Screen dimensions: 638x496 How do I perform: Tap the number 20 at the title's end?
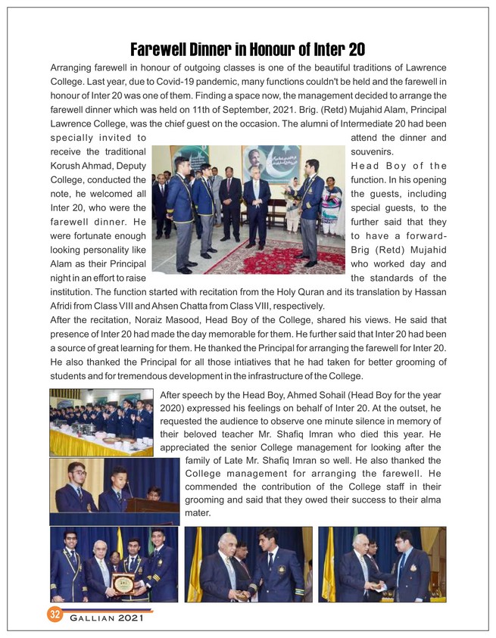[x=355, y=50]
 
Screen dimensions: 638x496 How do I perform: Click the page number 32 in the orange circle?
[x=55, y=614]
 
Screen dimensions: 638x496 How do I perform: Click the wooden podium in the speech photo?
[x=151, y=505]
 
